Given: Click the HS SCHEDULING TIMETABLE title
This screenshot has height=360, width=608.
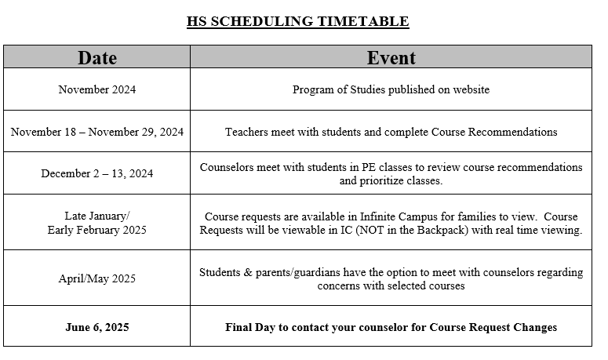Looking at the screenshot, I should tap(297, 21).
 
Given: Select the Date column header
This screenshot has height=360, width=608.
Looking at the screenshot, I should tap(97, 57).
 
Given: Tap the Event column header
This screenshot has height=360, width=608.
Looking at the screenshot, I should tap(391, 57).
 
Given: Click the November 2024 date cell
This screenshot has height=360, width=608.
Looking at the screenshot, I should tap(97, 89).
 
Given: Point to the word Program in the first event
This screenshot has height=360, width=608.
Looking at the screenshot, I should tap(312, 89).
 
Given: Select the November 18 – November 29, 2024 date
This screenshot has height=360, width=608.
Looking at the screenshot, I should tap(97, 132).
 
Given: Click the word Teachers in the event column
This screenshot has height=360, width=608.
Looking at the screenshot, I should tap(246, 132).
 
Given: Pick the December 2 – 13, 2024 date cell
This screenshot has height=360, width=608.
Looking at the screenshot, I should tap(97, 174).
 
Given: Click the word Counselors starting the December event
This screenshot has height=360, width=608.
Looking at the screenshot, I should tap(226, 167).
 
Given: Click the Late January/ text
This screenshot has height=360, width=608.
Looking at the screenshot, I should tap(97, 216).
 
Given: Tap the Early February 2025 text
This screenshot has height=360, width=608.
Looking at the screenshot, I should tap(97, 230).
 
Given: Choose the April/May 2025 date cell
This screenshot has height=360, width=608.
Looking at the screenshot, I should tap(97, 278).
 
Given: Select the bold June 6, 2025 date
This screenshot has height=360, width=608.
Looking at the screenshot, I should tap(97, 327).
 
